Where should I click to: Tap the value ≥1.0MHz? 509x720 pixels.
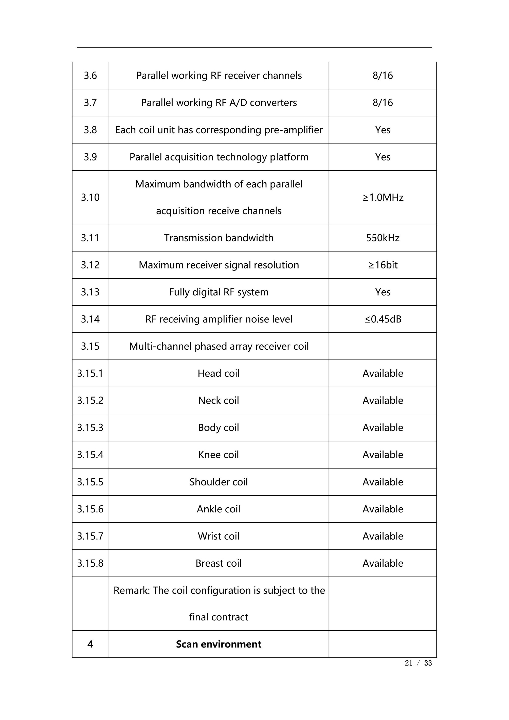click(383, 197)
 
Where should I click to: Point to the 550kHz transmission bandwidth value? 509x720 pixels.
click(383, 238)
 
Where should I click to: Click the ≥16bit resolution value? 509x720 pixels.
click(383, 265)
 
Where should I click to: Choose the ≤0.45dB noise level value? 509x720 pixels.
click(383, 319)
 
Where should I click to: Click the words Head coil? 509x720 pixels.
click(218, 373)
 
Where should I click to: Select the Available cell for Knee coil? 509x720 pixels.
click(383, 454)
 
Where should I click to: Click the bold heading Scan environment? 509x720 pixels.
click(218, 644)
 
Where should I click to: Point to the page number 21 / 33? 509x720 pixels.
click(418, 663)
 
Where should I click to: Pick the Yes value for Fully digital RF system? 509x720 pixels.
click(383, 292)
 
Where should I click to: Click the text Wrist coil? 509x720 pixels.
click(218, 536)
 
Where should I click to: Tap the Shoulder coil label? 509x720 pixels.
click(218, 482)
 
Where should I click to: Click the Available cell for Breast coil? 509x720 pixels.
click(383, 563)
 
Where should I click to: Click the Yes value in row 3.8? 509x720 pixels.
click(383, 130)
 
